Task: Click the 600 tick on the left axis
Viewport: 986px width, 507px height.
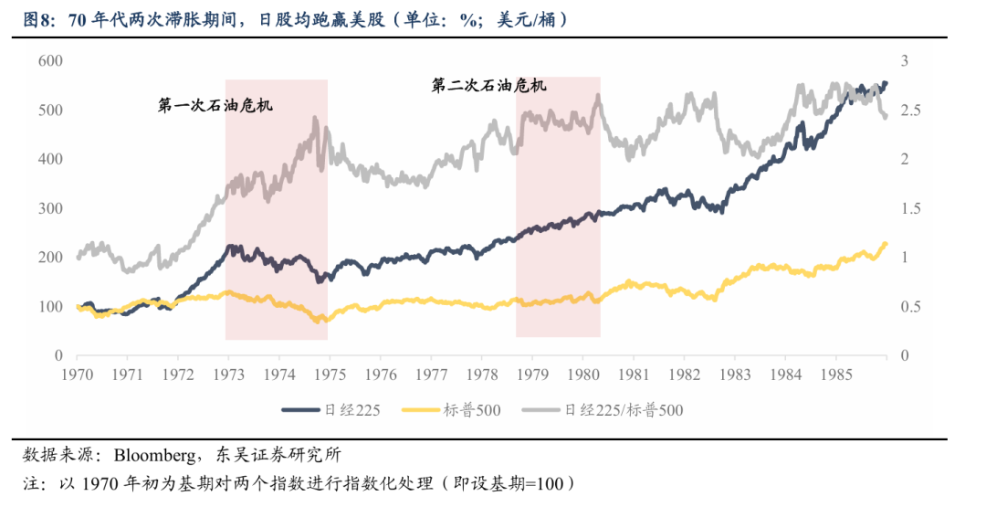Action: point(49,60)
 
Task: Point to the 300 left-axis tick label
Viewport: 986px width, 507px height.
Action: point(49,208)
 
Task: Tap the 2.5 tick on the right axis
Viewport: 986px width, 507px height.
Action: point(910,110)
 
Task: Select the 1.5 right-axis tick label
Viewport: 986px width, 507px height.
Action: point(910,208)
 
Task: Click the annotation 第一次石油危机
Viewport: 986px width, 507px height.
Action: point(215,106)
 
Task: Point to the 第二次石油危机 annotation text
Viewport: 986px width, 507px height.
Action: point(489,86)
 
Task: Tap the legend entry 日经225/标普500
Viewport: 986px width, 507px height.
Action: point(624,410)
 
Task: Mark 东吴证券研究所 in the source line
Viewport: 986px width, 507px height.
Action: point(274,455)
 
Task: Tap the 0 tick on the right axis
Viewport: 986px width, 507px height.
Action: point(905,355)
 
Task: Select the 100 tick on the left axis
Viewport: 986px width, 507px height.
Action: point(49,306)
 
